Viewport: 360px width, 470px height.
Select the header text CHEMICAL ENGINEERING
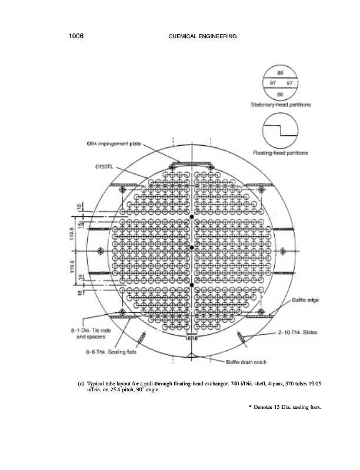[202, 37]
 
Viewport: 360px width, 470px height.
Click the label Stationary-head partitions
[280, 105]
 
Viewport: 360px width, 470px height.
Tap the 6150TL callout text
[105, 166]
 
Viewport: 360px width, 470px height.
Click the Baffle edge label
[305, 300]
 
